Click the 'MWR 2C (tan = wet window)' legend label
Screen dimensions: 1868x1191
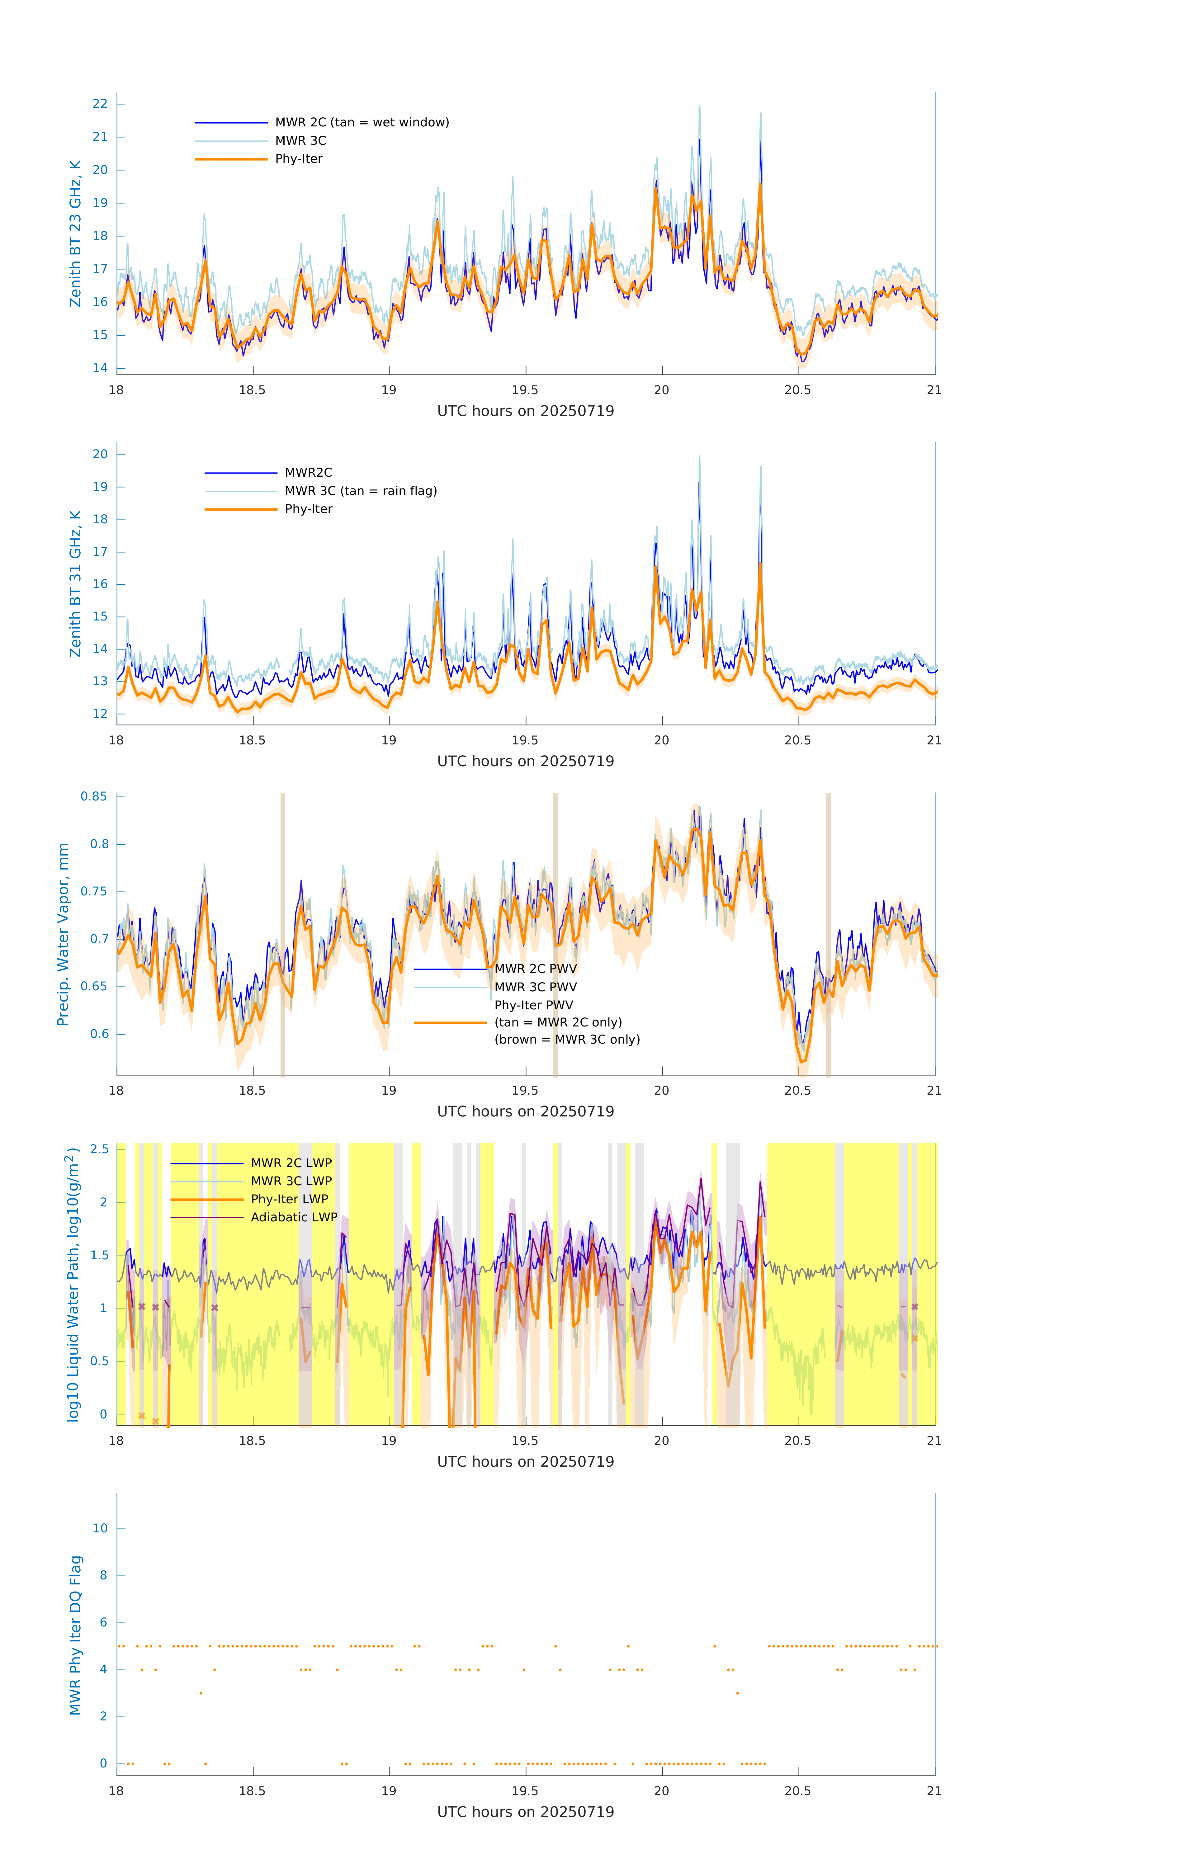[362, 123]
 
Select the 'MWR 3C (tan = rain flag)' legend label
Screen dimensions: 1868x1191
[361, 491]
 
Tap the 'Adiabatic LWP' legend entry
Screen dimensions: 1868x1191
[294, 1217]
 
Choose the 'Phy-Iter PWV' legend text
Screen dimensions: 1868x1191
[534, 1005]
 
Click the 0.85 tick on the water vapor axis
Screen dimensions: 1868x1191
[94, 797]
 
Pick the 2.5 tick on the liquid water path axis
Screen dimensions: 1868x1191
[99, 1149]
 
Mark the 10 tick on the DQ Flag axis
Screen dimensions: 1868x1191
[100, 1528]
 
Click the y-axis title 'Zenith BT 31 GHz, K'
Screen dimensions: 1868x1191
[75, 584]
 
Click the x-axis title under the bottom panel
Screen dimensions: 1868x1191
[525, 1812]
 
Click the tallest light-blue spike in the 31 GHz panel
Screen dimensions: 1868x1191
[699, 458]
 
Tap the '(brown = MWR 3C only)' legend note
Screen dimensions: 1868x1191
[567, 1040]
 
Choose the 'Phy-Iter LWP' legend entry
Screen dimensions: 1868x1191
[289, 1199]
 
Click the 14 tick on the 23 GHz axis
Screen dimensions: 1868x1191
[100, 369]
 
